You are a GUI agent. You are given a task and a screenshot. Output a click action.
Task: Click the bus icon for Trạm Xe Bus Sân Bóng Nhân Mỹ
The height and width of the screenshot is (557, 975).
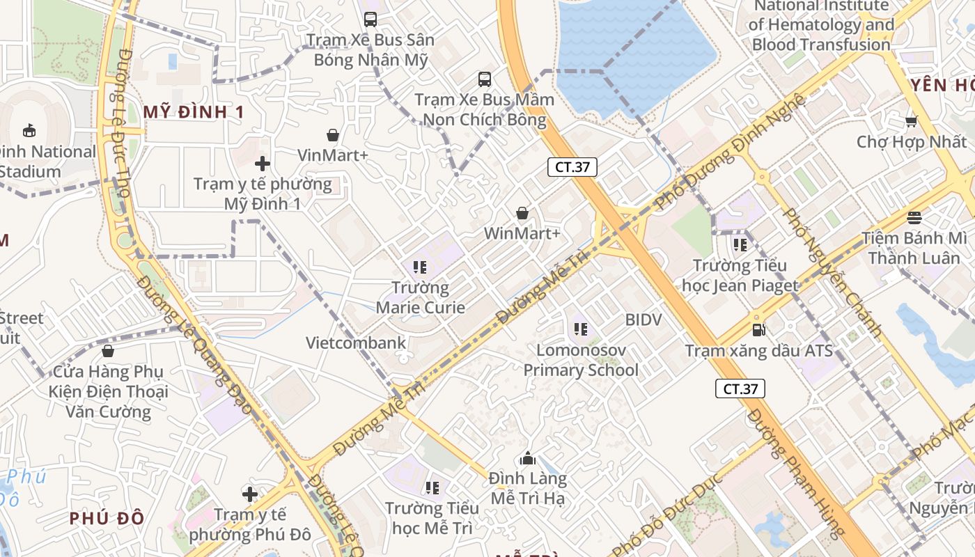tap(370, 19)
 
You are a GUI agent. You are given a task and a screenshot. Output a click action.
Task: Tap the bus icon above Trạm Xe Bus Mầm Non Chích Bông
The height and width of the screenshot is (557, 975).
tap(485, 79)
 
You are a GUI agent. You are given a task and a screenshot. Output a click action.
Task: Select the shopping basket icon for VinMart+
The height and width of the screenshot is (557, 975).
tap(333, 134)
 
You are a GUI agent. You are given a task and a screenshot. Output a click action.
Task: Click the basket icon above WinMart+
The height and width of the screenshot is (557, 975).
tap(522, 213)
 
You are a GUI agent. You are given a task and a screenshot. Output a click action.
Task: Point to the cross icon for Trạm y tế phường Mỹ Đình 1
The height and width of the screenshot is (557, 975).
tap(263, 164)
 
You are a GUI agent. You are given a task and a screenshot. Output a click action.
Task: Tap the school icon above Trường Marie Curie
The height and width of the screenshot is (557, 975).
tap(419, 267)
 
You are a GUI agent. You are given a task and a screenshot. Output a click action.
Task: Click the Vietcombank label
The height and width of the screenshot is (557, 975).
tap(356, 343)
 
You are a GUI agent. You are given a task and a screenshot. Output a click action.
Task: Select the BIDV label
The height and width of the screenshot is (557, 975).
tap(643, 320)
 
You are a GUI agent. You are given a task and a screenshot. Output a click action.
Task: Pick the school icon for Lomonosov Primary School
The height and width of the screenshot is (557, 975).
tap(580, 329)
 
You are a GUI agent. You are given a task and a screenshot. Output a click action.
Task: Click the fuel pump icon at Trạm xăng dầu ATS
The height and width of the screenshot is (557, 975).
tap(758, 330)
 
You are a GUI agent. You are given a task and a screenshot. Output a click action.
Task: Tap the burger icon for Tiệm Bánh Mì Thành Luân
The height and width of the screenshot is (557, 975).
tap(914, 217)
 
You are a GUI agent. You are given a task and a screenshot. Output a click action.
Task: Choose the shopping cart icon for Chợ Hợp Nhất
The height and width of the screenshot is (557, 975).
tap(911, 122)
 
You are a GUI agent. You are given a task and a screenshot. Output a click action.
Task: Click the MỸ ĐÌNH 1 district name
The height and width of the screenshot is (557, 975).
tap(194, 112)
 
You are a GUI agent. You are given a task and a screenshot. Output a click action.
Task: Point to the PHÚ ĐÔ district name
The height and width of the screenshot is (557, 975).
tap(107, 518)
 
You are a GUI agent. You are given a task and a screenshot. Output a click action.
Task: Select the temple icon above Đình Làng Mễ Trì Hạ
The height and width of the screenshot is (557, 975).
tap(528, 458)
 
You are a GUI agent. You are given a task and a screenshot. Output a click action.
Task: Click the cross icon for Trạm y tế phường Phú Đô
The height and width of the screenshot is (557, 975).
tap(250, 494)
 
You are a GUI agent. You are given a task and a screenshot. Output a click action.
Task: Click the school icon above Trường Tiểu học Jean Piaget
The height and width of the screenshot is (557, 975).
tap(740, 245)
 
